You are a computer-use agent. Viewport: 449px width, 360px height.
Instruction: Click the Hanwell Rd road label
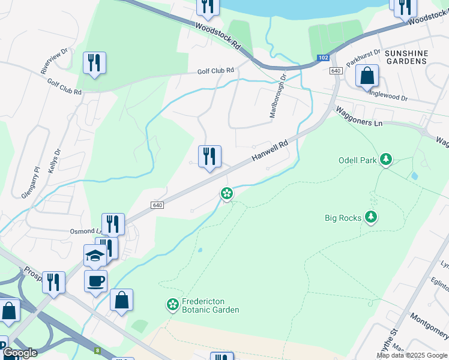270,150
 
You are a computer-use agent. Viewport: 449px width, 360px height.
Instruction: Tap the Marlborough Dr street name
277,96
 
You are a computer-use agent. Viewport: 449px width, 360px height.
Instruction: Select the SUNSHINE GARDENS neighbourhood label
406,58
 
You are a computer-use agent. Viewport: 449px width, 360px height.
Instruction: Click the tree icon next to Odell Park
387,160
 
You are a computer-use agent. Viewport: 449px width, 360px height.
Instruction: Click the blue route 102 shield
323,58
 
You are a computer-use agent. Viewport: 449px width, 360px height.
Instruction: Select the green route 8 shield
97,350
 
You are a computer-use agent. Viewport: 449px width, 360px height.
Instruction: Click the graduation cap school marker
94,255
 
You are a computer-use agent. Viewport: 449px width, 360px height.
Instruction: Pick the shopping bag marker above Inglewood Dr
367,76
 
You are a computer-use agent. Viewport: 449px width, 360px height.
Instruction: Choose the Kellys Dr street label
54,160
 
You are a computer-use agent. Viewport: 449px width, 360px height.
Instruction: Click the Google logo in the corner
20,352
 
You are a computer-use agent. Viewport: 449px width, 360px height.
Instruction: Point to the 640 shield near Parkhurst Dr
336,71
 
